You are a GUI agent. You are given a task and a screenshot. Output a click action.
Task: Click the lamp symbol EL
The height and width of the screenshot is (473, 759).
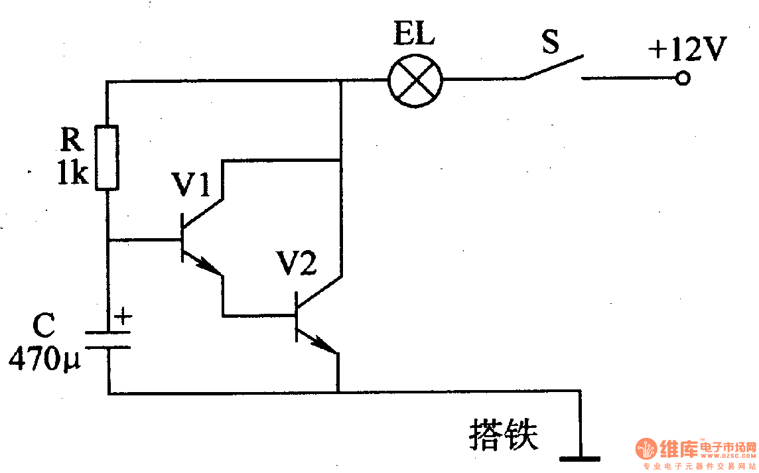[415, 80]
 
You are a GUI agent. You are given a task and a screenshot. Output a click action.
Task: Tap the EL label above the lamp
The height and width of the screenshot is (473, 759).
[413, 34]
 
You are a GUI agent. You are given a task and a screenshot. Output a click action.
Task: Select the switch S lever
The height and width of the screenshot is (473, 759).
[555, 66]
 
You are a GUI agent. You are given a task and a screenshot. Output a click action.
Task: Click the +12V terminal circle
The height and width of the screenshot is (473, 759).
[682, 79]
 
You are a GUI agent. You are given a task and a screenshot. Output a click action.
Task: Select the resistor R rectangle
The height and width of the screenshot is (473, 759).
[107, 157]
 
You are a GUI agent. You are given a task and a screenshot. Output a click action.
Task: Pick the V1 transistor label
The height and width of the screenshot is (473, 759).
[191, 185]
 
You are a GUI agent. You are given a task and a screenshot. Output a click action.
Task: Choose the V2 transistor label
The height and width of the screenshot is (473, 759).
[297, 264]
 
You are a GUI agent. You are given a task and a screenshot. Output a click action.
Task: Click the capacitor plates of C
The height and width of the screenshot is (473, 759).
[107, 339]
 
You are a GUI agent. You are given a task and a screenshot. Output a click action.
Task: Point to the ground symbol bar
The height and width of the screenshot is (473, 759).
[580, 458]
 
